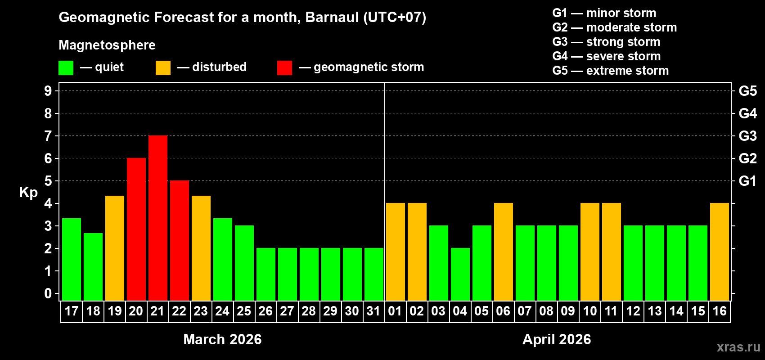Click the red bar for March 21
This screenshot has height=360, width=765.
(158, 218)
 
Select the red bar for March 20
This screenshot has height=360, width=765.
(136, 229)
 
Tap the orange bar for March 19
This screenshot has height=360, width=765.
(115, 248)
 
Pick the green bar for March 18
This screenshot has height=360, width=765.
(93, 267)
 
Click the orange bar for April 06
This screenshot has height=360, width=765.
(504, 252)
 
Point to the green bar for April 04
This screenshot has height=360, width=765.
(460, 274)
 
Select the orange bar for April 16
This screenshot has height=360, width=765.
(720, 252)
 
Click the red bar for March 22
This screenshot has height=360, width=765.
(180, 241)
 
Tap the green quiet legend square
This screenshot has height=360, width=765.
(66, 68)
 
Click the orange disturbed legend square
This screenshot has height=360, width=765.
(163, 68)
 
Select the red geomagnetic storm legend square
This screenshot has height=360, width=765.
(284, 68)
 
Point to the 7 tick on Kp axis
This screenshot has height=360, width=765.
(48, 136)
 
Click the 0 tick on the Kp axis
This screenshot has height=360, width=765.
(48, 294)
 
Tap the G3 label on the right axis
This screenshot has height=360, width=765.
(747, 136)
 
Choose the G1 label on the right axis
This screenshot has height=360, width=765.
(747, 181)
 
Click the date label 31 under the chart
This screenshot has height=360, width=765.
(373, 311)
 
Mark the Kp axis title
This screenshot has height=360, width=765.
(28, 193)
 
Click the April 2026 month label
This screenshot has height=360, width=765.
(557, 339)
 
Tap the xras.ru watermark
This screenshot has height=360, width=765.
(738, 347)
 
